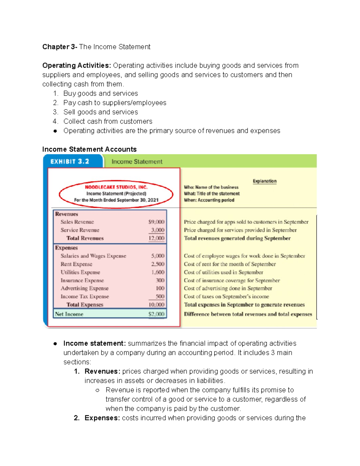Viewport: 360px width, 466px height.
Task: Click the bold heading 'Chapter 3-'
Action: click(60, 47)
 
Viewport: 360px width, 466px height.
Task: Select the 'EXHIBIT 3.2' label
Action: click(70, 161)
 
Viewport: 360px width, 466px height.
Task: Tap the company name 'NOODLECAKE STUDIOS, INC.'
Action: click(116, 187)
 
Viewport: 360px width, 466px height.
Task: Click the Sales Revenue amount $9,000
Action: click(156, 222)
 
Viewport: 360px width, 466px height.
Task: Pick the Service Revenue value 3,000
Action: click(157, 230)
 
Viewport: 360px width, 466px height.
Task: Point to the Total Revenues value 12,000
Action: click(156, 238)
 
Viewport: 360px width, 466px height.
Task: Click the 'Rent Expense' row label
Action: click(76, 264)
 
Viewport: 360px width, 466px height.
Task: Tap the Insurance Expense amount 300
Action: click(160, 280)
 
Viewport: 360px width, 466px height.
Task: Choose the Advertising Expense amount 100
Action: click(160, 288)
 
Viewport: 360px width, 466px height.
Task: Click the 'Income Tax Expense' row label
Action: click(85, 296)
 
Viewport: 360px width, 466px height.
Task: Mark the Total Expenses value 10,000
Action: click(156, 305)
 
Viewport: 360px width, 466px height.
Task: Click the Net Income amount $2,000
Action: click(156, 314)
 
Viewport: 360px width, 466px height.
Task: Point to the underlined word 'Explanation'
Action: click(264, 181)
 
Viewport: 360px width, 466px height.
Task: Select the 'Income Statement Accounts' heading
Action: click(89, 149)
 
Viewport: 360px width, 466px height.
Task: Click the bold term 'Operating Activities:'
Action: click(76, 65)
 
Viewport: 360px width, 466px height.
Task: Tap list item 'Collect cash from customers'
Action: click(108, 121)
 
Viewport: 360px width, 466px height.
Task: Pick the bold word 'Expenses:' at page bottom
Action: click(102, 418)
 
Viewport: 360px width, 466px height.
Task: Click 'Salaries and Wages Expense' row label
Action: click(93, 256)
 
